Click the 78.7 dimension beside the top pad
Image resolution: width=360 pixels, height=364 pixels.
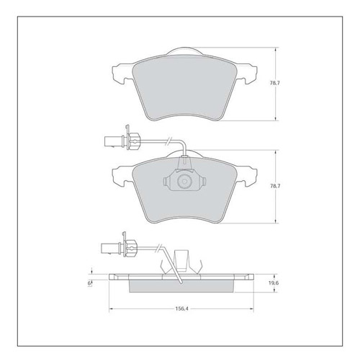click(275, 84)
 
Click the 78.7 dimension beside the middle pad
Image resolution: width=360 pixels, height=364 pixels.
click(275, 186)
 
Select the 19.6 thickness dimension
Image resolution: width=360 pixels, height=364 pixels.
click(274, 283)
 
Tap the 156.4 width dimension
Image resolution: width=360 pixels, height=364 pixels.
click(181, 308)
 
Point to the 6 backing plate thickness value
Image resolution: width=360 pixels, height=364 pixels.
click(89, 283)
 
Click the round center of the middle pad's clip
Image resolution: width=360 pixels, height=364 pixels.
click(184, 182)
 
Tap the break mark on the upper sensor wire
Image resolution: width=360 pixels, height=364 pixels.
click(169, 141)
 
